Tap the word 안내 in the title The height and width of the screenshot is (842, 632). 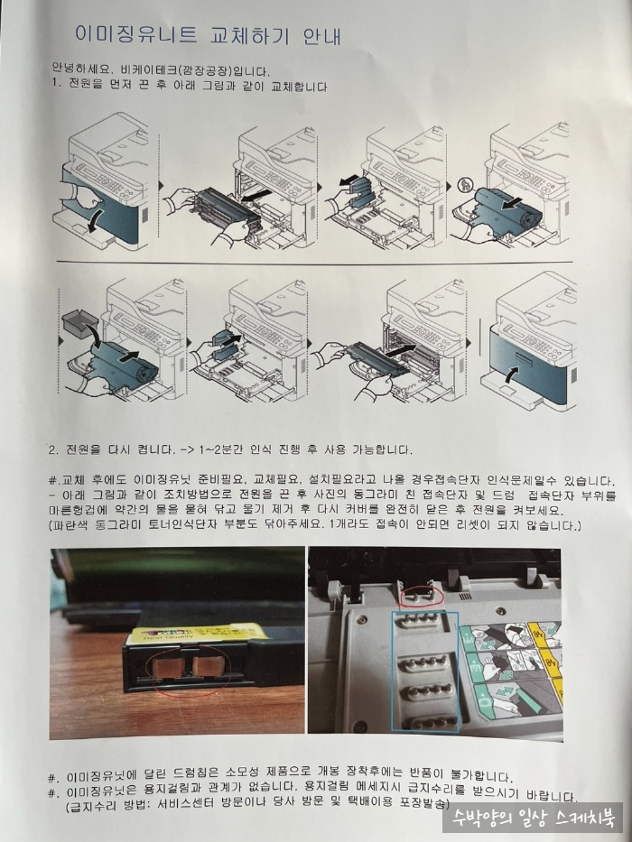click(x=321, y=35)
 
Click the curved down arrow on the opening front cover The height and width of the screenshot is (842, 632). click(x=94, y=221)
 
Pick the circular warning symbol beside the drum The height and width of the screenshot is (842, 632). click(x=464, y=185)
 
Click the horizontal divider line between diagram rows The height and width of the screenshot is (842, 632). click(x=314, y=263)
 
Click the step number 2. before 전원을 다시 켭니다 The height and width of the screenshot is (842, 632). click(x=53, y=450)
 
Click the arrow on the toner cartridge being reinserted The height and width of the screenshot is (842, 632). click(x=402, y=350)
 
